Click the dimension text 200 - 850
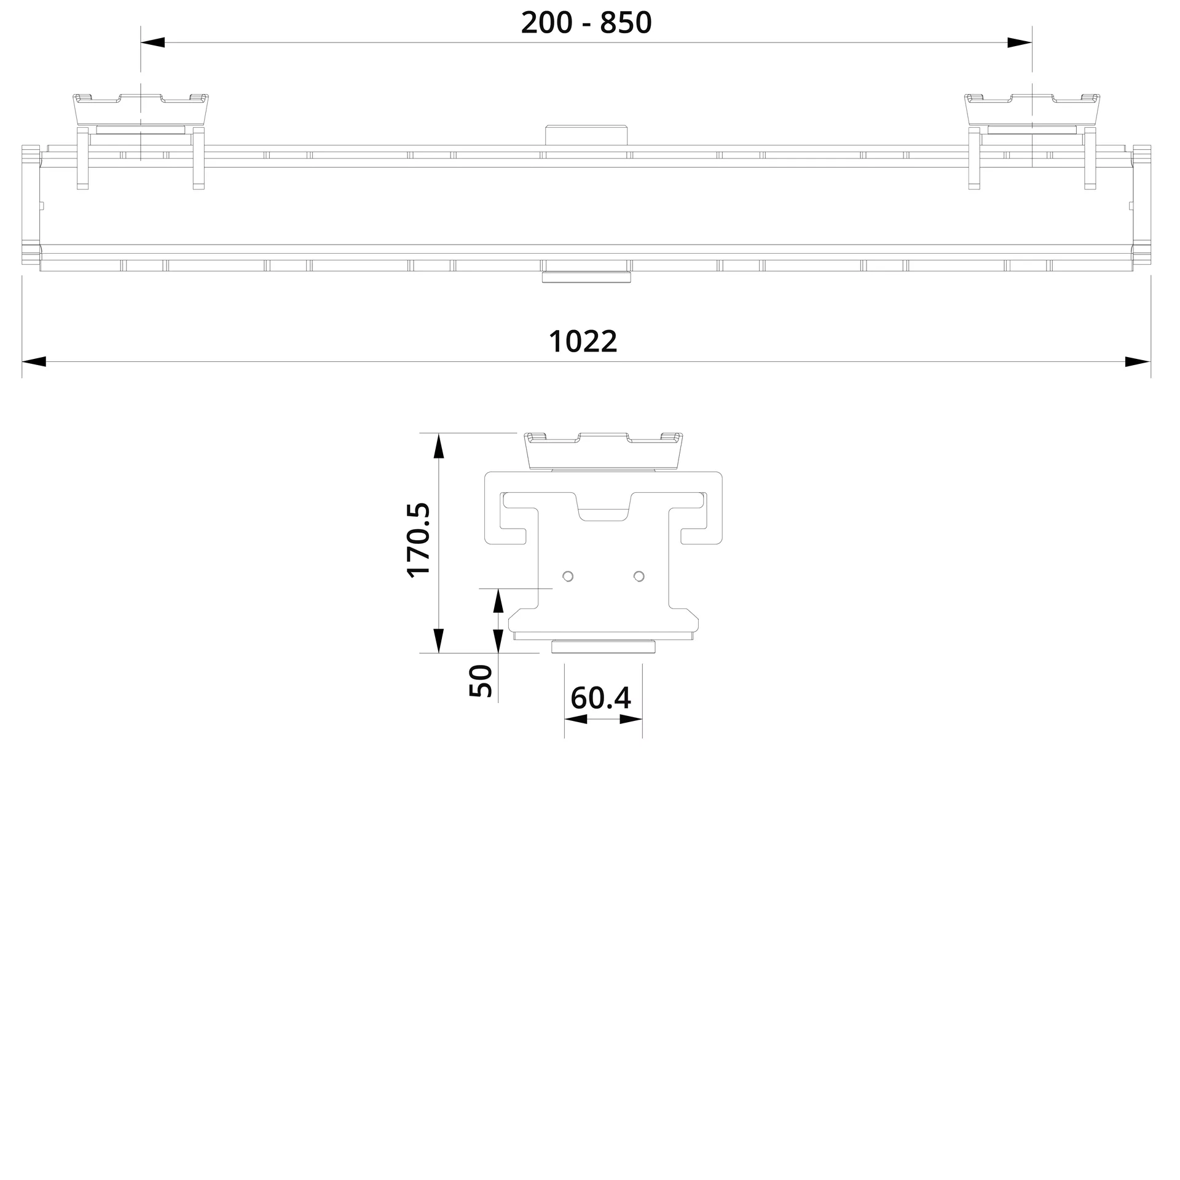pyautogui.click(x=586, y=23)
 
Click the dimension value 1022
pyautogui.click(x=583, y=342)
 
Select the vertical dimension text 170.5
pyautogui.click(x=419, y=540)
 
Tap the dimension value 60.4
pyautogui.click(x=600, y=698)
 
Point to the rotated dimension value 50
pyautogui.click(x=481, y=680)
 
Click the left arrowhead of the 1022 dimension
pyautogui.click(x=34, y=361)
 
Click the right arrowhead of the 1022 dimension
pyautogui.click(x=1137, y=361)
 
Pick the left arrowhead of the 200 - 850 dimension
pyautogui.click(x=153, y=42)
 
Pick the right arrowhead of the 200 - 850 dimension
pyautogui.click(x=1020, y=42)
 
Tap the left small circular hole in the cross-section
pyautogui.click(x=568, y=576)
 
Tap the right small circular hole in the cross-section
pyautogui.click(x=639, y=576)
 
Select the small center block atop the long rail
pyautogui.click(x=586, y=135)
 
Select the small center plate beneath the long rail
pyautogui.click(x=586, y=278)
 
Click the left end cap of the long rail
pyautogui.click(x=30, y=206)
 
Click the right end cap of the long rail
pyautogui.click(x=1142, y=206)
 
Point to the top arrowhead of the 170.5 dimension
pyautogui.click(x=438, y=446)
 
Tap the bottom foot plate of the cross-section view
pyautogui.click(x=603, y=647)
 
